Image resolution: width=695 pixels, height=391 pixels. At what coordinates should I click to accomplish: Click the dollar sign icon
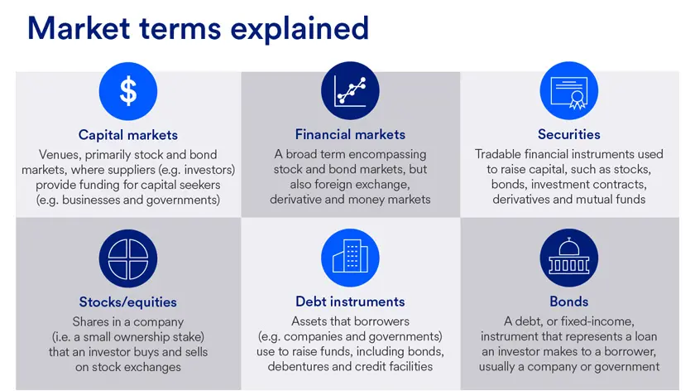point(127,91)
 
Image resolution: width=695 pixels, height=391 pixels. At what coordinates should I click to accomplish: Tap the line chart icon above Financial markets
point(350,91)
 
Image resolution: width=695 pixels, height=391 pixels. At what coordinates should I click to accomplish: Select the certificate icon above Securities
point(568,91)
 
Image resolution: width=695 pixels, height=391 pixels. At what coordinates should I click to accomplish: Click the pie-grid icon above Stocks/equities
point(127,258)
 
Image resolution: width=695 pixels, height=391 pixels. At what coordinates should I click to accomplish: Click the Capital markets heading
point(127,135)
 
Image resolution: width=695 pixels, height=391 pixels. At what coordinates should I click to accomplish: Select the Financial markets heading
point(350,134)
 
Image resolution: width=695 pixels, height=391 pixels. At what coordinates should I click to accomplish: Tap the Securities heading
point(568,134)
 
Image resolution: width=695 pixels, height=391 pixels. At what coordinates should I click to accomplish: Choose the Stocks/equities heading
point(127,302)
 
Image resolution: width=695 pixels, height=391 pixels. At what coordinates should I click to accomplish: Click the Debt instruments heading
point(350,302)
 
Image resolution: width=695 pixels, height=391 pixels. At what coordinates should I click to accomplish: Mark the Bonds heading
point(568,302)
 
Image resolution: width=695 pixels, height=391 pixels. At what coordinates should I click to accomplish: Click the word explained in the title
point(300,28)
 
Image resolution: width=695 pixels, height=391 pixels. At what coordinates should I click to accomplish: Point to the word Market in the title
point(79,28)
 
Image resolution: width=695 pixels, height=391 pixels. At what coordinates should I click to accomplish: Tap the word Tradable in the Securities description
point(500,154)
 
